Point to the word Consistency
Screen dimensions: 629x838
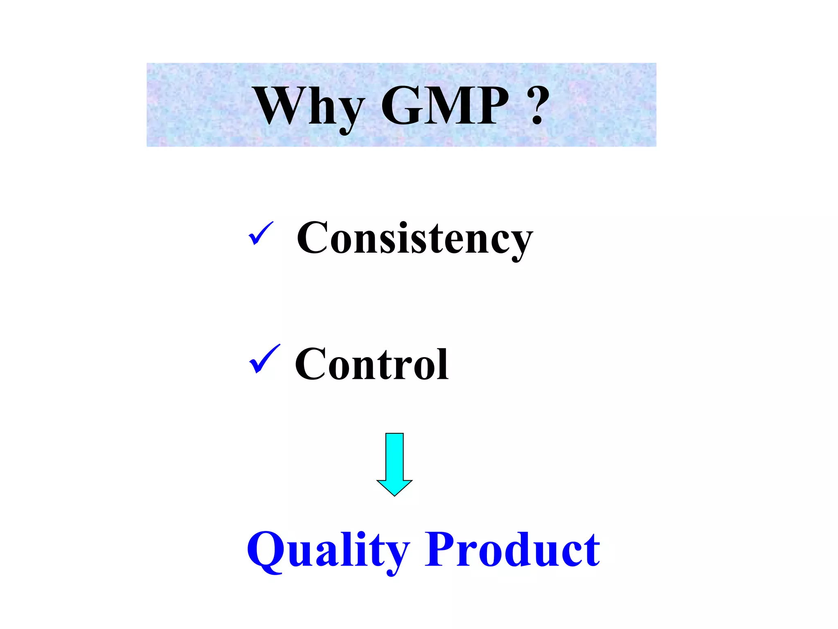pyautogui.click(x=414, y=239)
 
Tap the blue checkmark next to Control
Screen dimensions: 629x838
pyautogui.click(x=264, y=359)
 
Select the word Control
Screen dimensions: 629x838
pyautogui.click(x=372, y=364)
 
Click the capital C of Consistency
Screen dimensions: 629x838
pyautogui.click(x=312, y=238)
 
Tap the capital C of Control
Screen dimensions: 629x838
pyautogui.click(x=311, y=364)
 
